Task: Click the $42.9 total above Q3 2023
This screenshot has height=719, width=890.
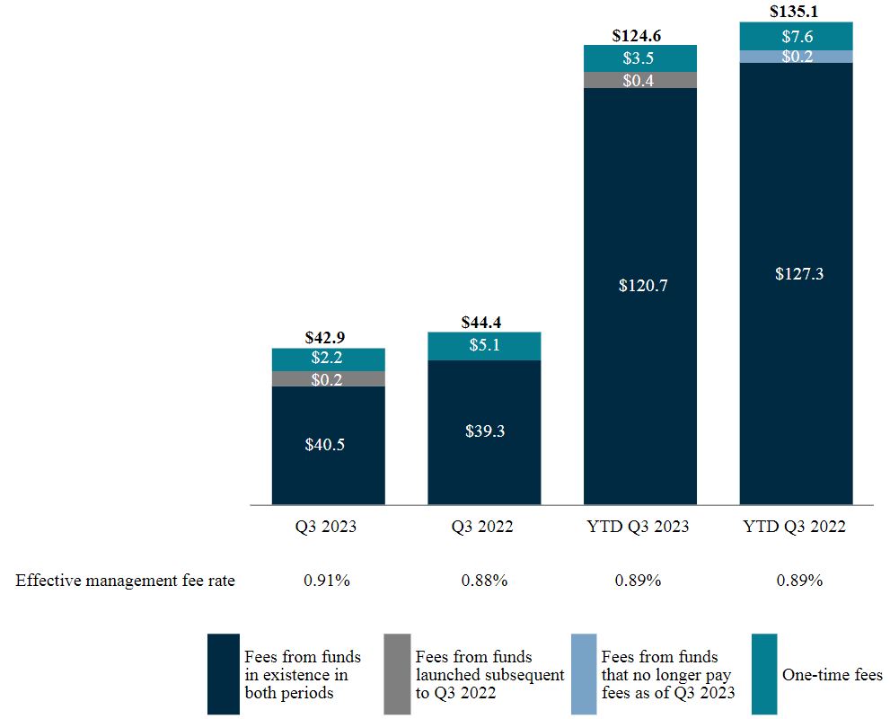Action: pyautogui.click(x=328, y=338)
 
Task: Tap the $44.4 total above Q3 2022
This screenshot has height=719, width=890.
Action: pyautogui.click(x=483, y=322)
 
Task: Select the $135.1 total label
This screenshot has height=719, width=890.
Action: pyautogui.click(x=795, y=13)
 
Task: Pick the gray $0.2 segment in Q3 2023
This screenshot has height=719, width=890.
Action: pyautogui.click(x=328, y=378)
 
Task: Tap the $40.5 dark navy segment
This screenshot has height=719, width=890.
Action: pyautogui.click(x=328, y=445)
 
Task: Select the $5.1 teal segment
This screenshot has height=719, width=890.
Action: pyautogui.click(x=483, y=346)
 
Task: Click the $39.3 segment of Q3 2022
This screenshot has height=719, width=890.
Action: pyautogui.click(x=483, y=431)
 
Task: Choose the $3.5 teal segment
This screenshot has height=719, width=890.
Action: pyautogui.click(x=639, y=58)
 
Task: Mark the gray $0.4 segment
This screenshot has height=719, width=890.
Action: pyautogui.click(x=639, y=80)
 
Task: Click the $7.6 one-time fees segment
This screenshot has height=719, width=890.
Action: pyautogui.click(x=795, y=36)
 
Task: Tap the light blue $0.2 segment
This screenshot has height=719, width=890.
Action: pyautogui.click(x=795, y=57)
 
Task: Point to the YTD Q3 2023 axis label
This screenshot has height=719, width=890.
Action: pyautogui.click(x=639, y=527)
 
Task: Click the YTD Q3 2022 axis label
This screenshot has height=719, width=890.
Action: pyautogui.click(x=795, y=527)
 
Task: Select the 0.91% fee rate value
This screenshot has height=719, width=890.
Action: pyautogui.click(x=327, y=581)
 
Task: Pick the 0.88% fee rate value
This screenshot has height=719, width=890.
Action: pyautogui.click(x=484, y=581)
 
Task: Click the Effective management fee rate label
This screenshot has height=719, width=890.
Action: pyautogui.click(x=125, y=581)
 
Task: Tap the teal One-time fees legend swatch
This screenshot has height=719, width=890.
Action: pyautogui.click(x=763, y=674)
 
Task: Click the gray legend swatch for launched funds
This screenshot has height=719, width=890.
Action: pyautogui.click(x=397, y=674)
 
